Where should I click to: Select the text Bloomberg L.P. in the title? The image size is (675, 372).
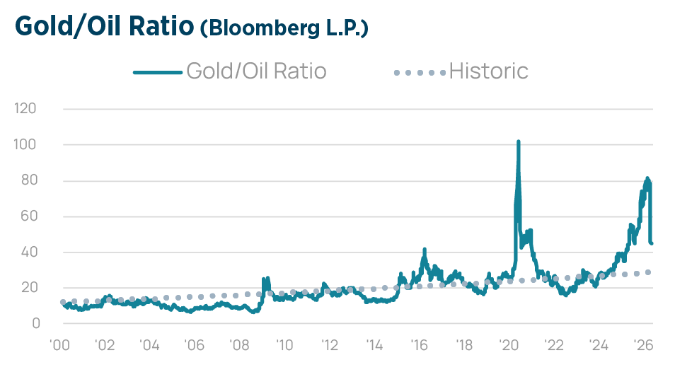point(284,28)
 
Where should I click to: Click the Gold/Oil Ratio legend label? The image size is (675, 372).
point(256,71)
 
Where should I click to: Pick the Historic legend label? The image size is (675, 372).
point(489,71)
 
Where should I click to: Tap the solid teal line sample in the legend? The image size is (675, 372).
point(157,72)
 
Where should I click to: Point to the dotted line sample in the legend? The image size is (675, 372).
point(420,72)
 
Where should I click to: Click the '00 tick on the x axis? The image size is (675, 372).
point(59,347)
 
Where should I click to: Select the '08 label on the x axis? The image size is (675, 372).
point(239,347)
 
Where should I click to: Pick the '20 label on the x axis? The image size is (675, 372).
point(509,347)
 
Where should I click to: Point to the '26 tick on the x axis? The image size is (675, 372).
point(644,347)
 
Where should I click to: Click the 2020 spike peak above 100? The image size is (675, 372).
point(519,141)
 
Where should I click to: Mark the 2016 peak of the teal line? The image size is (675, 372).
point(425,249)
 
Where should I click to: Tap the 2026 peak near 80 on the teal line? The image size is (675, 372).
point(647,178)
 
